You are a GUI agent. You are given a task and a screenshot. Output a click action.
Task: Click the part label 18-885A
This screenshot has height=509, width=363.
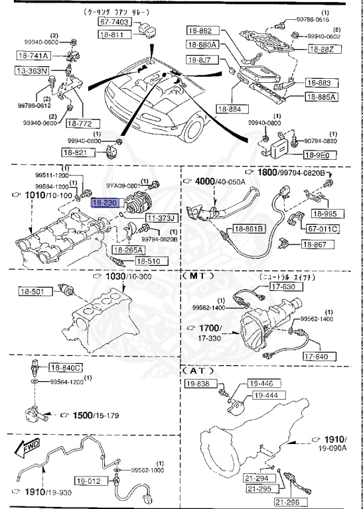[321, 97]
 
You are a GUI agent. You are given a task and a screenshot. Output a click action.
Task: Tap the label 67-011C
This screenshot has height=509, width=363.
[322, 229]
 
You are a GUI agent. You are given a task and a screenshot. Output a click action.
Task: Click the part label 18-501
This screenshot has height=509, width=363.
[31, 290]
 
